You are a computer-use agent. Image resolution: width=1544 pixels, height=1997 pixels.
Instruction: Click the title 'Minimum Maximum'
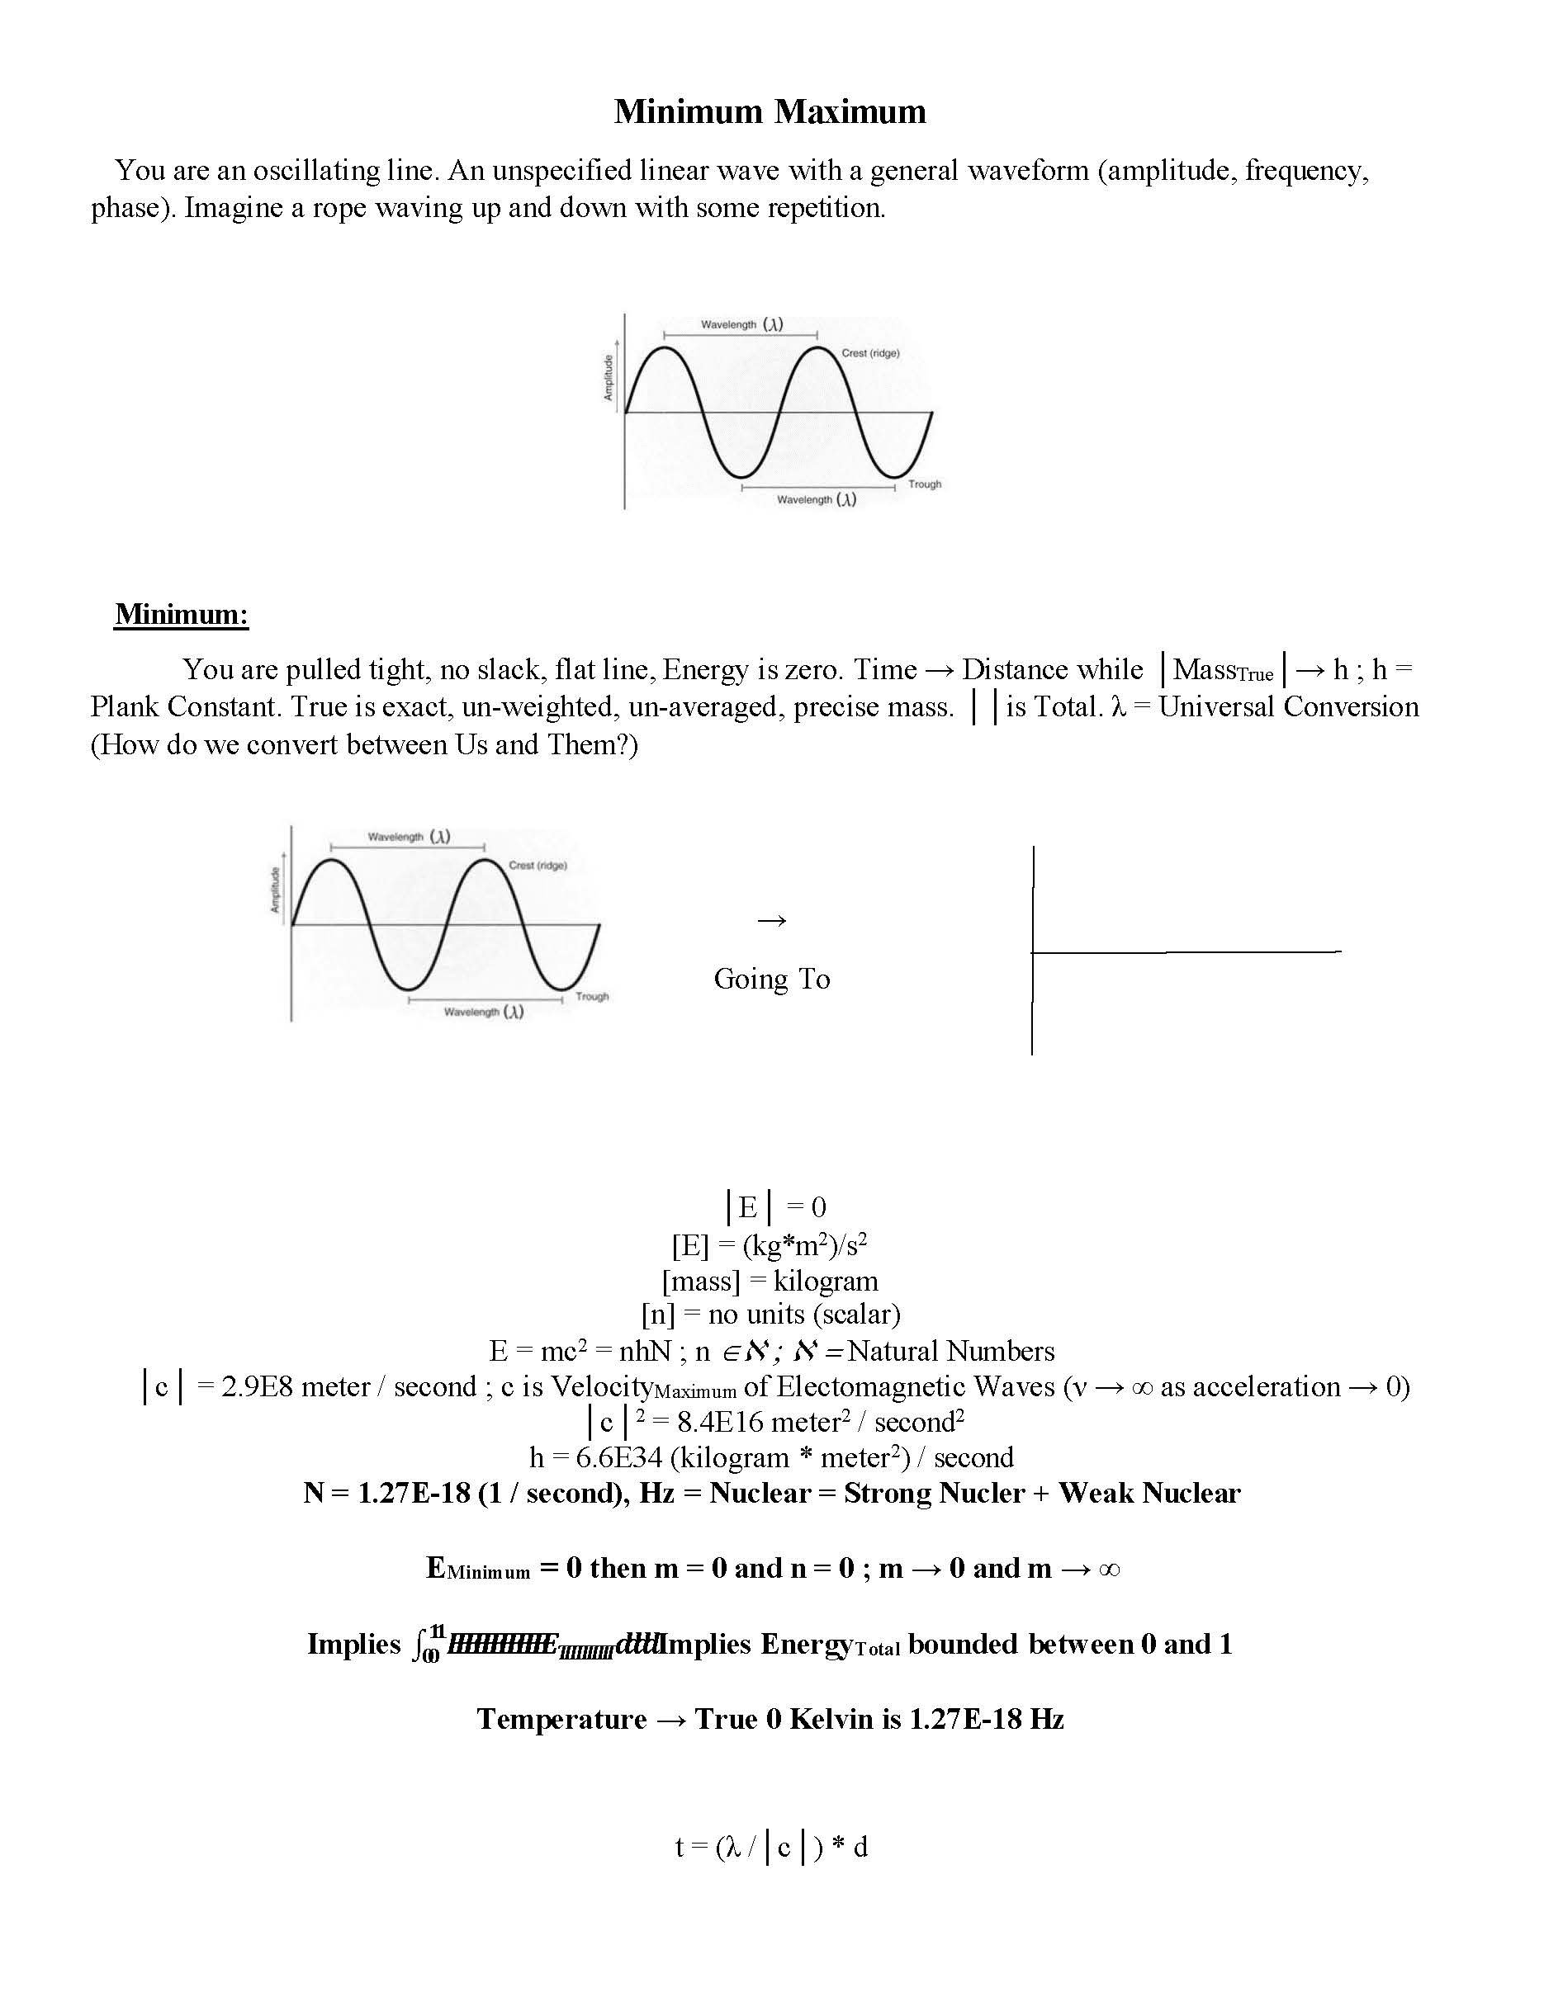770,111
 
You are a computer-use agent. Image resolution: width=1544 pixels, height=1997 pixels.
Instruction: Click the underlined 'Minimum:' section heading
181,614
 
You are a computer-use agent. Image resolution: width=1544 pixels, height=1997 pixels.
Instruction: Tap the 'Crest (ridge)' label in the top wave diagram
870,353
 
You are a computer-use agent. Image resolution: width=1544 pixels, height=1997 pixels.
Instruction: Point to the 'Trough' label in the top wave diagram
924,484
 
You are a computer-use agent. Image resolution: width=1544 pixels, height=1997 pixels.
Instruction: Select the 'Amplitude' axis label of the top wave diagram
608,378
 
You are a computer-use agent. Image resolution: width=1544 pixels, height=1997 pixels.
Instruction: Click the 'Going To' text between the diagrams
771,979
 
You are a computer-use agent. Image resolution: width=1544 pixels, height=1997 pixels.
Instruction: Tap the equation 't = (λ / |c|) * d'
771,1847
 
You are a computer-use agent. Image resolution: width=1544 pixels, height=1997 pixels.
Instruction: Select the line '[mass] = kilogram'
770,1281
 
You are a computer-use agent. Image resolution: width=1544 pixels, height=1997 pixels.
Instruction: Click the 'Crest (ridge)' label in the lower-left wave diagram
537,865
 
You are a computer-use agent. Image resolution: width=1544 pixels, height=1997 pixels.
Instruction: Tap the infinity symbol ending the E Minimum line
1108,1569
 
